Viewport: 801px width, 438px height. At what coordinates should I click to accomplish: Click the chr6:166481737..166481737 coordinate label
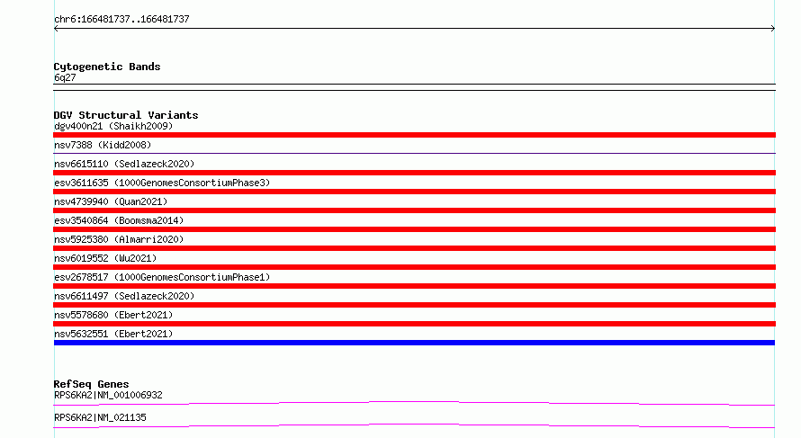point(121,20)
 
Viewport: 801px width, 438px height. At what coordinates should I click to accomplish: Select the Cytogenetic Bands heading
point(107,67)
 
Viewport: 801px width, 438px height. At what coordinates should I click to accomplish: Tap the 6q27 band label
point(65,77)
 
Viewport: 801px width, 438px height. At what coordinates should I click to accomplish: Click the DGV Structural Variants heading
point(126,115)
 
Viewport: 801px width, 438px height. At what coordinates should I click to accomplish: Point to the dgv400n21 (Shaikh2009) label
point(113,126)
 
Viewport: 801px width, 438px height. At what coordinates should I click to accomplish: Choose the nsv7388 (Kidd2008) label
point(103,145)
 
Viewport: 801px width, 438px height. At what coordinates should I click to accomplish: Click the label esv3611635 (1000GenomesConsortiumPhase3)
point(162,183)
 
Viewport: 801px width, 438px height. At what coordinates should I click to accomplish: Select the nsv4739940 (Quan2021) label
point(111,201)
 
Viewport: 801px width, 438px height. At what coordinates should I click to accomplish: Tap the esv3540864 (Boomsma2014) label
point(119,220)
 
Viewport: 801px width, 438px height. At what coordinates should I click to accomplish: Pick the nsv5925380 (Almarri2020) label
point(119,239)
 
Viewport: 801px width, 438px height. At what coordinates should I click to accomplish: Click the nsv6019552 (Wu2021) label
point(105,258)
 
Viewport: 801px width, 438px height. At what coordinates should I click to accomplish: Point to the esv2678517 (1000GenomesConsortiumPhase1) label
point(162,277)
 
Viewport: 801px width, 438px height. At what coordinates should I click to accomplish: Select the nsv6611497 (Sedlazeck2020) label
point(124,296)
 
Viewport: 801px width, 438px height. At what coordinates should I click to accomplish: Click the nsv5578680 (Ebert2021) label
point(113,315)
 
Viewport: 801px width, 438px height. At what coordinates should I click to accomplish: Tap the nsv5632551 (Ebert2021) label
point(113,334)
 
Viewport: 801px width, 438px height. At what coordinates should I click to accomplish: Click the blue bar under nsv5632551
point(414,343)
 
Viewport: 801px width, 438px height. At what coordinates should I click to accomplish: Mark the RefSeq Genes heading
point(91,384)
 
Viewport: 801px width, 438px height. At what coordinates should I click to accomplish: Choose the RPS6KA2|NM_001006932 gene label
point(108,395)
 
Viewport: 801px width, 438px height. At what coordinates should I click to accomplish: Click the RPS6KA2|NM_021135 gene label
point(100,417)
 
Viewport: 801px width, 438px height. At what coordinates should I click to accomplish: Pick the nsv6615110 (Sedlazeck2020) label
point(124,164)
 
